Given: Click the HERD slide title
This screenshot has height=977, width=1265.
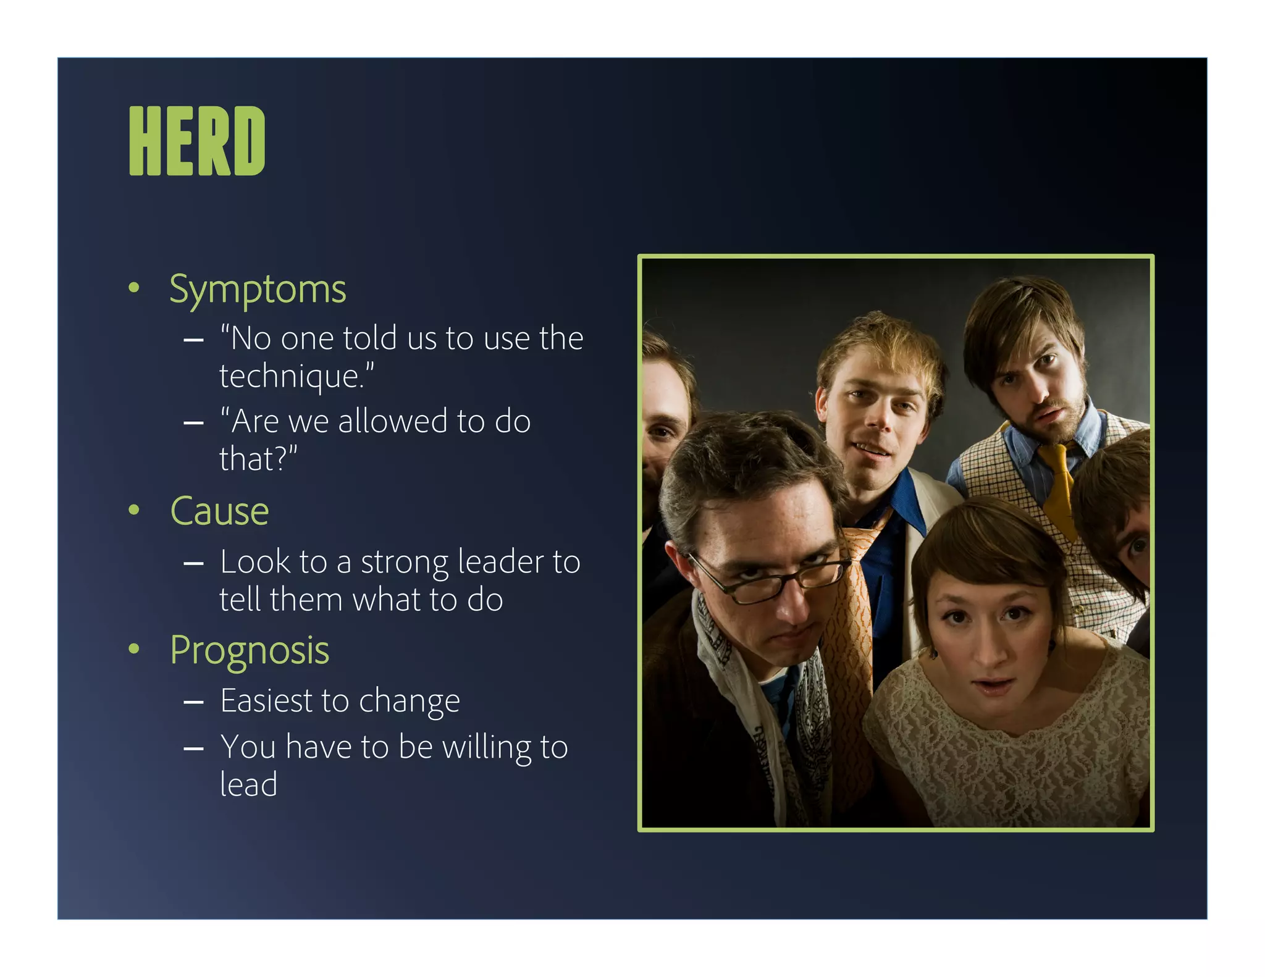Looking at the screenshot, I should click(197, 141).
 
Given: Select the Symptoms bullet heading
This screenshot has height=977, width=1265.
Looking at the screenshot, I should click(258, 289).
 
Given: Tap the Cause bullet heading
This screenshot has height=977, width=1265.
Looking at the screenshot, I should click(219, 511).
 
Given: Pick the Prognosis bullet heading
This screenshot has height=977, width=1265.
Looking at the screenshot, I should click(250, 650).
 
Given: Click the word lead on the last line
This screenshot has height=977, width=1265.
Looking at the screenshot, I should click(248, 785).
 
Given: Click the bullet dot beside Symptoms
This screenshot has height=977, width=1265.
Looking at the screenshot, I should click(133, 288).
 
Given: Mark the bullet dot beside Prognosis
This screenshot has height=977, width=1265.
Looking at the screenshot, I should click(133, 648).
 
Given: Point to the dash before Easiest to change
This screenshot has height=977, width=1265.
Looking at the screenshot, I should click(193, 703).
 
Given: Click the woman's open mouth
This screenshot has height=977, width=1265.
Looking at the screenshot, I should click(993, 684).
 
